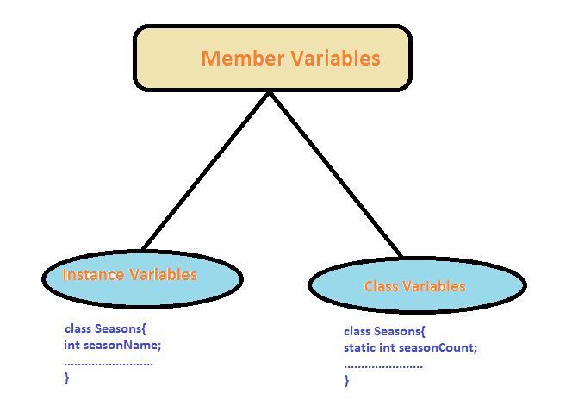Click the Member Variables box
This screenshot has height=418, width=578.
270,59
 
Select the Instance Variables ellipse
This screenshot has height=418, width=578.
141,276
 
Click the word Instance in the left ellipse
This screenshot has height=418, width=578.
94,275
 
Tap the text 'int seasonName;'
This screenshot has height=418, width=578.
113,345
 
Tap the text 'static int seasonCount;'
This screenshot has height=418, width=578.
410,347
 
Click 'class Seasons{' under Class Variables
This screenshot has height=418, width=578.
385,331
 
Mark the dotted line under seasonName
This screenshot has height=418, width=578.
109,364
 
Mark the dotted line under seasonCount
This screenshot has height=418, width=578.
383,366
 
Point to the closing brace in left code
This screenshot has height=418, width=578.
67,377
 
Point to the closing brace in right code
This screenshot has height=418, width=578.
347,380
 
